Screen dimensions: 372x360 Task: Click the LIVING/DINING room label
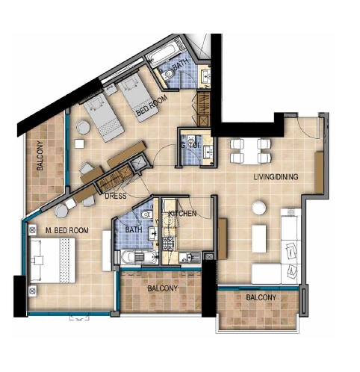tap(276, 176)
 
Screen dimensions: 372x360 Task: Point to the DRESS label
tap(114, 196)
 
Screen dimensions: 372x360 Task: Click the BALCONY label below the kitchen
tap(161, 288)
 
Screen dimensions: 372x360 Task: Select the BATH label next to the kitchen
tap(134, 231)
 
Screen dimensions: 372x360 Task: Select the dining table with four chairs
tap(246, 150)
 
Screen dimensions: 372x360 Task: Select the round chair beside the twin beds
tap(81, 128)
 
